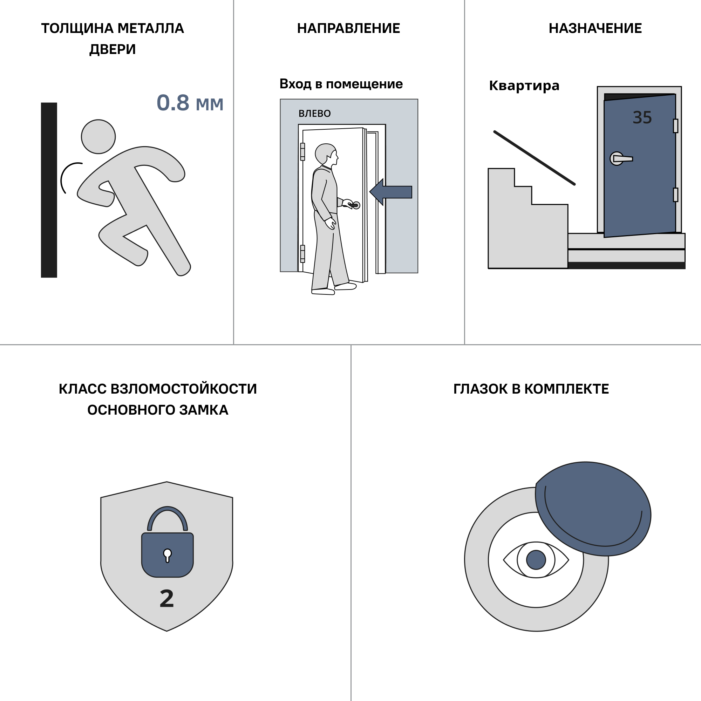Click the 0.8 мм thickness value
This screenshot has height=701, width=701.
point(190,103)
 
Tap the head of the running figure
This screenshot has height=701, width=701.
point(98,137)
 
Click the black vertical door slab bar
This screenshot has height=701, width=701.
point(49,190)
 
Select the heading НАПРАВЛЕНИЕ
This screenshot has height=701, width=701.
point(348,28)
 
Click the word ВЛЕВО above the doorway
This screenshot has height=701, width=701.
point(315,114)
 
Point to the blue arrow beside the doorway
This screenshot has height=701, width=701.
point(391,192)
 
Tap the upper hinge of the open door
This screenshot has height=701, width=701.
point(302,152)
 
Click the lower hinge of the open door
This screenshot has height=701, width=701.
point(302,254)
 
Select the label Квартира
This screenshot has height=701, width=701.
point(524,86)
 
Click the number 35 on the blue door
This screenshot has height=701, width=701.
point(642,117)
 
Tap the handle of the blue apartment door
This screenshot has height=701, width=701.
point(621,158)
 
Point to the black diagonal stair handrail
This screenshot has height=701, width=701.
point(535,158)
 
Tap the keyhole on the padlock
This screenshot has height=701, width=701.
point(167,555)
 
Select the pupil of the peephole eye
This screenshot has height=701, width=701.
point(536,559)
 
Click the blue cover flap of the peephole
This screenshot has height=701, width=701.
point(593,509)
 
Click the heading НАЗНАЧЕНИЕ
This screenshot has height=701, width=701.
point(595,28)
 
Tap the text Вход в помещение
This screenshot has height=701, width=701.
point(341,84)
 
